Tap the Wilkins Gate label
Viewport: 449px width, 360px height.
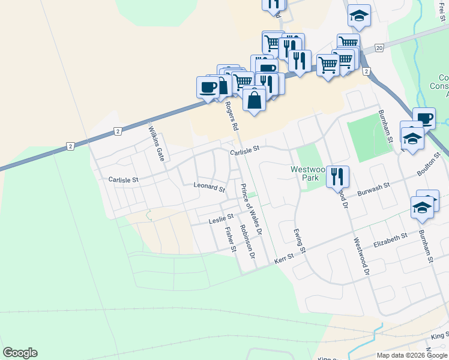coord(157,140)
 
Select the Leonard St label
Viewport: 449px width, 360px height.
coord(209,187)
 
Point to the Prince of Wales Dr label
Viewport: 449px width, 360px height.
coord(252,208)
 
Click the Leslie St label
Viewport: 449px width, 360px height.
coord(220,221)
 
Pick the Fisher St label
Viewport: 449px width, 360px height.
coord(231,239)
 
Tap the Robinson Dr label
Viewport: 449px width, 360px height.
coord(247,242)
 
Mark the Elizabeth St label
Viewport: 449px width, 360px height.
coord(390,241)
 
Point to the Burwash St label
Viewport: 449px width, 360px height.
coord(374,190)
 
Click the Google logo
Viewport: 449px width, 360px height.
coord(20,353)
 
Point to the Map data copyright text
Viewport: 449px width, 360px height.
coord(411,355)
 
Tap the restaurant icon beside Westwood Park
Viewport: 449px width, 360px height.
coord(337,176)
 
